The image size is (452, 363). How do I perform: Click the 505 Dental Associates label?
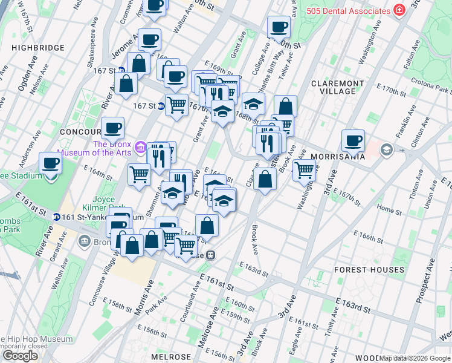point(347,10)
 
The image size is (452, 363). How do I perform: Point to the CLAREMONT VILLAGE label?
point(338,87)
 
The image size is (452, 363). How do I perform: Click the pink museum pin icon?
point(141,147)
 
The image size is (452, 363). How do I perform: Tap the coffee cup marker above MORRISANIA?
point(353,141)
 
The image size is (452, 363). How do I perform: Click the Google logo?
point(20,356)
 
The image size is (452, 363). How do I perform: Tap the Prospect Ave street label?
point(427,280)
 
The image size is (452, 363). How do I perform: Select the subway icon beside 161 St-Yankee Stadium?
point(56,217)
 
